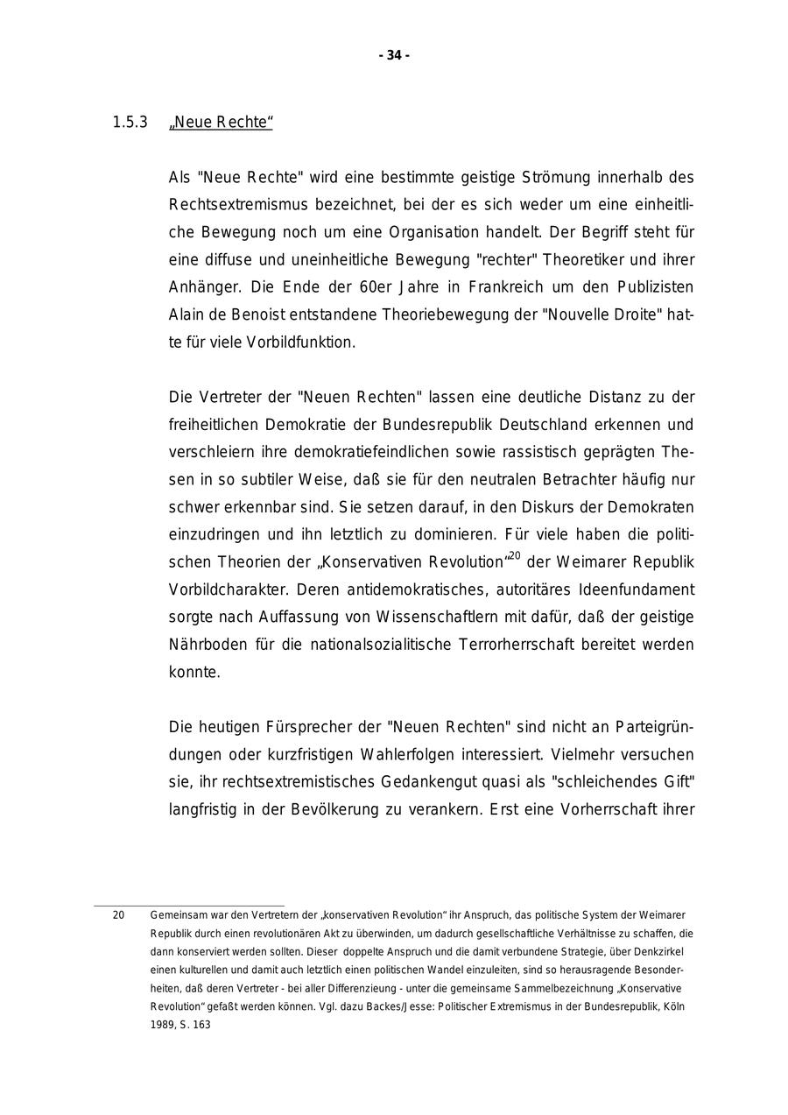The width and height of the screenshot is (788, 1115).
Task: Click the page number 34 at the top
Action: [x=394, y=55]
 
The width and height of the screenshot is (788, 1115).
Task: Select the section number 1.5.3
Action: [x=130, y=123]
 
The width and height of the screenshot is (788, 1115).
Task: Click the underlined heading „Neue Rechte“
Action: [x=221, y=123]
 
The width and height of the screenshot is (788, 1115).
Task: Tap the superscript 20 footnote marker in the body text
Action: [x=515, y=555]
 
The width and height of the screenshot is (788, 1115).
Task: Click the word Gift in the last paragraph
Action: [x=676, y=782]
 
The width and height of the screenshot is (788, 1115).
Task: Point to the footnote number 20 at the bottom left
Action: [x=118, y=915]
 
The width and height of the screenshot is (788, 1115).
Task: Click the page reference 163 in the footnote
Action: [x=201, y=1025]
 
